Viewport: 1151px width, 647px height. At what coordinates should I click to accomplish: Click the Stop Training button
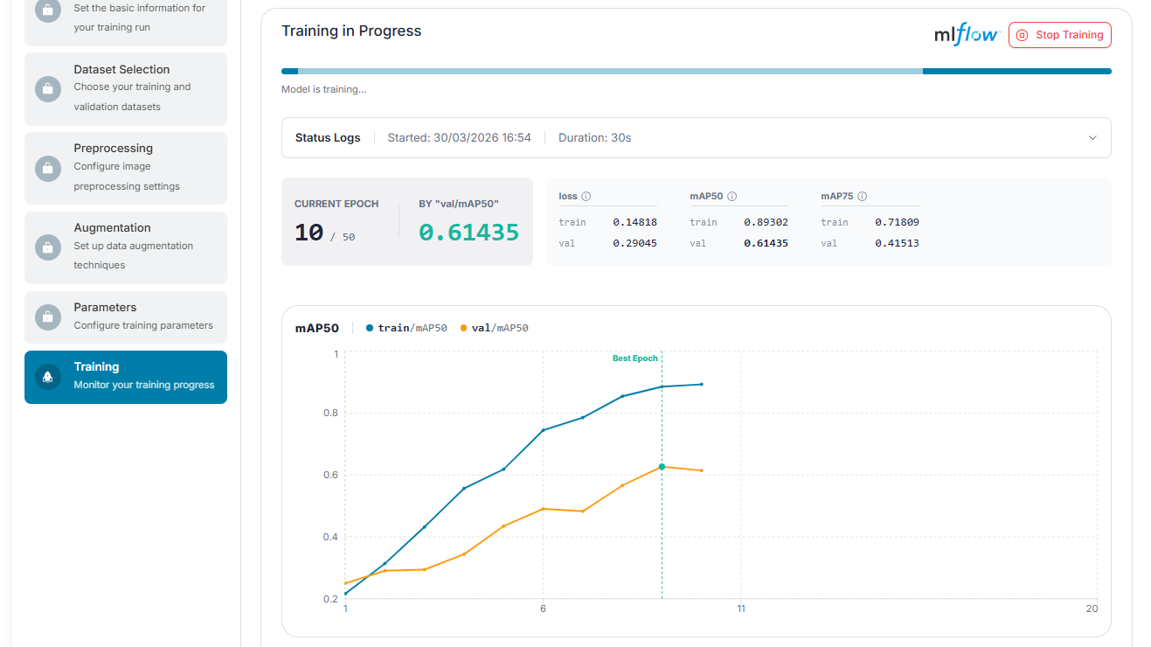click(x=1059, y=35)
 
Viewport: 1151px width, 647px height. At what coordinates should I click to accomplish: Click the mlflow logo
click(x=967, y=34)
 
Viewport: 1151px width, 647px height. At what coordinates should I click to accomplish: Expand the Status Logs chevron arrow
click(x=1092, y=138)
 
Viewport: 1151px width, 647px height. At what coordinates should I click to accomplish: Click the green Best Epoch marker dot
click(x=662, y=467)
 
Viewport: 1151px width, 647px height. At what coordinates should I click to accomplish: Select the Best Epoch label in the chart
click(x=635, y=358)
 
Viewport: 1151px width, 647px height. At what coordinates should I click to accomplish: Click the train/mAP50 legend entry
click(x=406, y=328)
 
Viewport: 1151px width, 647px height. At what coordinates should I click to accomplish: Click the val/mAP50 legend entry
click(x=495, y=328)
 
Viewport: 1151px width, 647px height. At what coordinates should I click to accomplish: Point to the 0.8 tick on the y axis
click(x=330, y=413)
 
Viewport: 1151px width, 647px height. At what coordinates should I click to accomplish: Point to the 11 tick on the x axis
click(x=741, y=609)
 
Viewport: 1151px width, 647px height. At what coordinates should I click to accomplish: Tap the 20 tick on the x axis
click(x=1092, y=609)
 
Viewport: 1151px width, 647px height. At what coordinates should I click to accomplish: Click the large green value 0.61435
click(x=468, y=233)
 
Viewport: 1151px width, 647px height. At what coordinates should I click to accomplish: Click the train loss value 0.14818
click(x=634, y=222)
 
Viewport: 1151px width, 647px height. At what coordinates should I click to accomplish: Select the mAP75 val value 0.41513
click(x=897, y=243)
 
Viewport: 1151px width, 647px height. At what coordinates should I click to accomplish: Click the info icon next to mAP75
click(x=863, y=197)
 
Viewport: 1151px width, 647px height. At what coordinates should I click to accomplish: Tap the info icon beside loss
click(x=586, y=197)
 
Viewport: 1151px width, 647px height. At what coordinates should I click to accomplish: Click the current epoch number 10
click(x=309, y=233)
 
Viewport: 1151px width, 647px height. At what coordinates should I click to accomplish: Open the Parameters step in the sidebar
click(x=126, y=317)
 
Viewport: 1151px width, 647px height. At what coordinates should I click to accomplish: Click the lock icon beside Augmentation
click(x=48, y=247)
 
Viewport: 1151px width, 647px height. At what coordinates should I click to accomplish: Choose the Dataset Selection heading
click(x=121, y=69)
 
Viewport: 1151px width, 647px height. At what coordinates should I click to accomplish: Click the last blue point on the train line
click(x=702, y=385)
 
